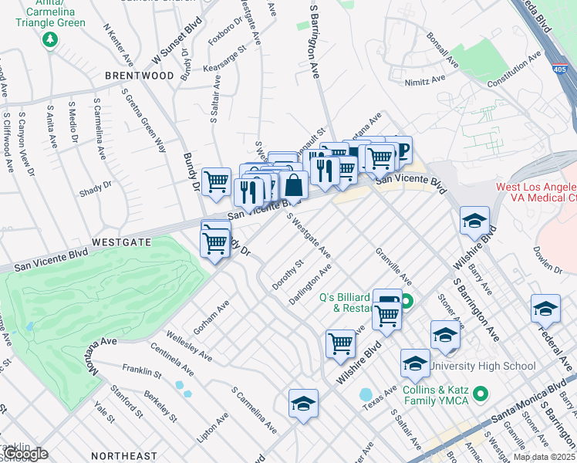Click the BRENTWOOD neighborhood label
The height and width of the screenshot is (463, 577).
140,76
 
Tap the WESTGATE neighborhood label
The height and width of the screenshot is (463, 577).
121,242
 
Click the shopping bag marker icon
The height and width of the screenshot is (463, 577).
294,185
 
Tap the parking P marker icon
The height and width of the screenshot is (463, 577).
401,149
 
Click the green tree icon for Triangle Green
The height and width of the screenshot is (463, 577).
52,39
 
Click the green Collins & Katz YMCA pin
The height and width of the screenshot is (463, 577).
481,394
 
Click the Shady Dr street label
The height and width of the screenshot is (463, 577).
96,186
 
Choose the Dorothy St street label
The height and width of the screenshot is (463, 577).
289,275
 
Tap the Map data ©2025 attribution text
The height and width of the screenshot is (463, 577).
544,457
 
